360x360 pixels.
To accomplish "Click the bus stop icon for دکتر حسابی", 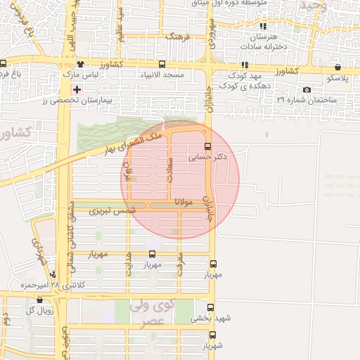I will pyautogui.click(x=207, y=146).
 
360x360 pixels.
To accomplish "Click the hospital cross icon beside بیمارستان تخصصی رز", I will pyautogui.click(x=77, y=90).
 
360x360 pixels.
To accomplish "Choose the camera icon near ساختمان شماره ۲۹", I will pyautogui.click(x=307, y=90).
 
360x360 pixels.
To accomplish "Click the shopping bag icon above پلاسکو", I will pyautogui.click(x=338, y=67).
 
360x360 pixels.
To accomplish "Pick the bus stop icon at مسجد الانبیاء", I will pyautogui.click(x=163, y=64).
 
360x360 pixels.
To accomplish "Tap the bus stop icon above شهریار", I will pyautogui.click(x=212, y=335).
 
